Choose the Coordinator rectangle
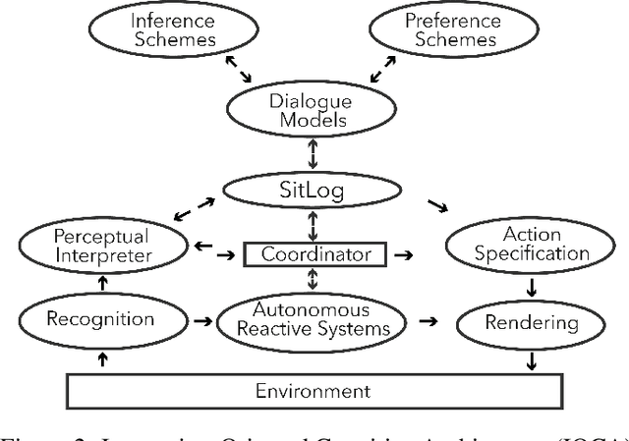(x=314, y=254)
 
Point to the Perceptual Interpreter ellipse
(x=101, y=247)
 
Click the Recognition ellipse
(x=101, y=319)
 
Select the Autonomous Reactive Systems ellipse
(x=313, y=319)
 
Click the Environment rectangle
(x=313, y=390)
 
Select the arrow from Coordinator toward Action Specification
(x=404, y=254)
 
